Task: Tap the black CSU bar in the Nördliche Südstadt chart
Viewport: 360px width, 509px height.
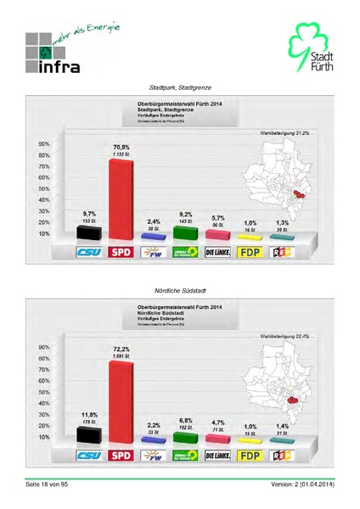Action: click(89, 433)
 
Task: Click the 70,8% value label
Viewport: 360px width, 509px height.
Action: click(120, 147)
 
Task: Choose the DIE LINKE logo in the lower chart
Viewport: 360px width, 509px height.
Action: click(218, 456)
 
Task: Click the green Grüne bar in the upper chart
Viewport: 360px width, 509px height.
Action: click(185, 232)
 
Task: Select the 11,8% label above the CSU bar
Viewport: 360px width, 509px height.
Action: click(89, 413)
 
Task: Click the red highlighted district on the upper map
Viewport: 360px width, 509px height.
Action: click(298, 194)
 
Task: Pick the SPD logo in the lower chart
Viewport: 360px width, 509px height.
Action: click(121, 456)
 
